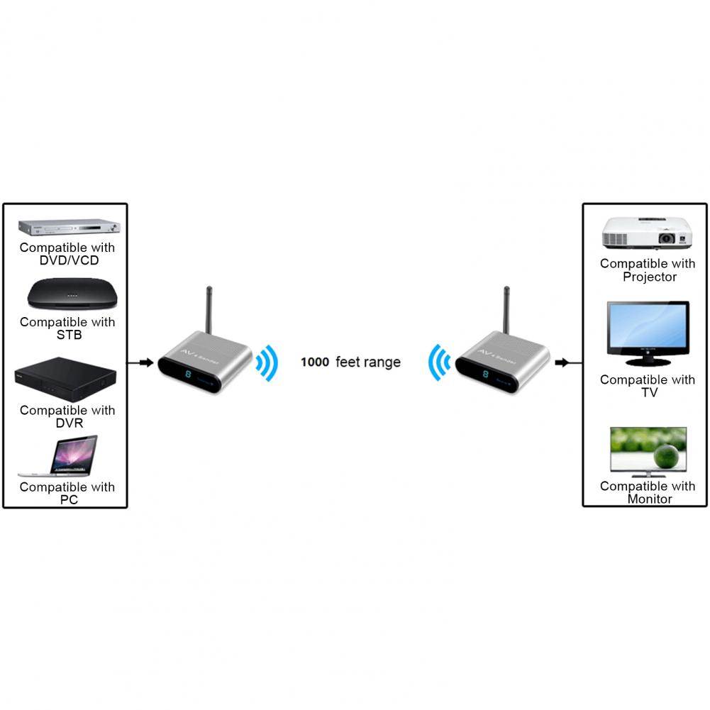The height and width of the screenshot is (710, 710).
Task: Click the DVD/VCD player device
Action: point(69,228)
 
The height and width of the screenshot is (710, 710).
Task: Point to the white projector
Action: point(645,233)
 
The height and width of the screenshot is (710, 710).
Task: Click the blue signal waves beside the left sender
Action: point(267,364)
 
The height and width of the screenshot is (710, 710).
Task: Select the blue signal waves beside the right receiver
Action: point(439,364)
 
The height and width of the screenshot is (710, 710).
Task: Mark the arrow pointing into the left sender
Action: point(145,363)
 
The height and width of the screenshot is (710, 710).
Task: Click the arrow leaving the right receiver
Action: point(562,363)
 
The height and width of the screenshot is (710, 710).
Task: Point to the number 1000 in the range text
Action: point(315,362)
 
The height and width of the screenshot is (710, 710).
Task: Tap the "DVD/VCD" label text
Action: point(69,260)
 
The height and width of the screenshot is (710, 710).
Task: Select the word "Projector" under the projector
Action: point(649,277)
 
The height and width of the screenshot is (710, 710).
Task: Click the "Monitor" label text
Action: point(649,499)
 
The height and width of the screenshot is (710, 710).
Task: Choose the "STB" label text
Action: point(69,335)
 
